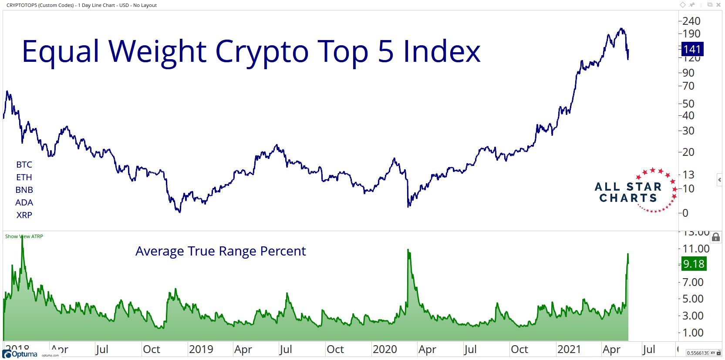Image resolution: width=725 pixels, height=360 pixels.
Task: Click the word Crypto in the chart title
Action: [x=262, y=52]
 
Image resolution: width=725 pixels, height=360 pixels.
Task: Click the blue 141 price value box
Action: [x=692, y=49]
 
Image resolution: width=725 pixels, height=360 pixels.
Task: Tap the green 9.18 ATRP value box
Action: [x=693, y=264]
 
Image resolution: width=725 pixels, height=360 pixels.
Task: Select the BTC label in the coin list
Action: [x=24, y=165]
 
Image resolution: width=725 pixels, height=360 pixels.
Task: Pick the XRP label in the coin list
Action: [x=24, y=215]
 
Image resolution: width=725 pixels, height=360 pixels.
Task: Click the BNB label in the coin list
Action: [x=24, y=190]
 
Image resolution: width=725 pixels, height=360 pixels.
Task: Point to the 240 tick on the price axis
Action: [x=691, y=21]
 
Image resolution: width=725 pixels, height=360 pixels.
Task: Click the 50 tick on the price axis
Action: [x=688, y=104]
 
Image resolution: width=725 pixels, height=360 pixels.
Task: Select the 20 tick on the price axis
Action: [x=688, y=152]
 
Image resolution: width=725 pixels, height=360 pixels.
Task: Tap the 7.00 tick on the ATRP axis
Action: [x=693, y=282]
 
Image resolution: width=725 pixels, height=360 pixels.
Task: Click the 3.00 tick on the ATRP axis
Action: [x=693, y=316]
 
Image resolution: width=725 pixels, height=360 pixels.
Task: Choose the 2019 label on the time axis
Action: [x=201, y=349]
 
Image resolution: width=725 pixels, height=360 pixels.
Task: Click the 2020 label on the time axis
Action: [x=385, y=349]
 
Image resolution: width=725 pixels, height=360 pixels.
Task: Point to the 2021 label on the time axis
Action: [x=569, y=349]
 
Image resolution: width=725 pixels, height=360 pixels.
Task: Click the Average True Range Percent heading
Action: [x=220, y=251]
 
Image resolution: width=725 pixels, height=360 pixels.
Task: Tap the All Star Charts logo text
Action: [x=627, y=192]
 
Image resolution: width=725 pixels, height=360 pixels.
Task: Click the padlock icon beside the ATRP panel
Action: [x=715, y=237]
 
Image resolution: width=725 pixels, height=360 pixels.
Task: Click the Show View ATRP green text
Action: [x=24, y=236]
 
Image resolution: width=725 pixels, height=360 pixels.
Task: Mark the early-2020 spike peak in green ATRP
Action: [x=408, y=250]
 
